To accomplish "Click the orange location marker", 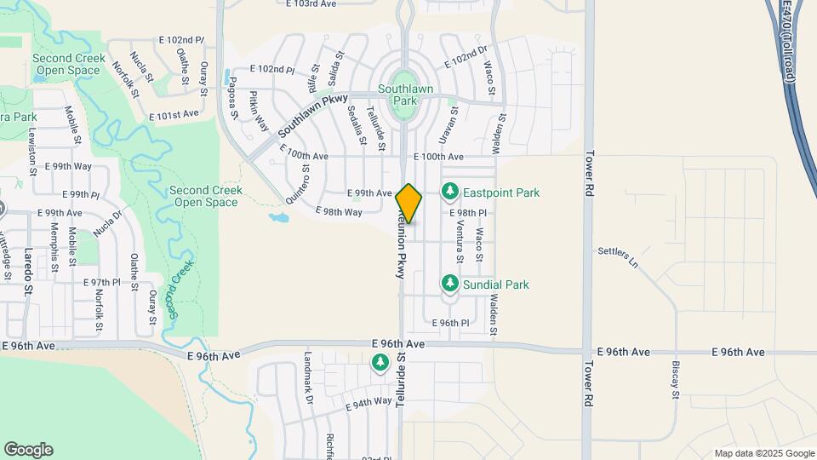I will coord(408,204).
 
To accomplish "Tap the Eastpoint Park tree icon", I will coord(450,193).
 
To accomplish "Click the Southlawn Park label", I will coord(406,94).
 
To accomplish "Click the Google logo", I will coord(28,450).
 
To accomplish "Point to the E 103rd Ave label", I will coord(312,4).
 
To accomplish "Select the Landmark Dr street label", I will coord(308,378).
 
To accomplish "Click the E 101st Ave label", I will coord(173,113).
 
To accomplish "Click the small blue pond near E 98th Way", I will coord(279,217).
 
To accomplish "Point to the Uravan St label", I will coord(454,123).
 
